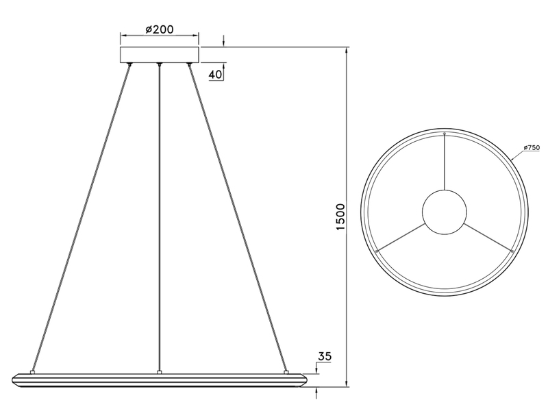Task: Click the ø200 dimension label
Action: click(159, 29)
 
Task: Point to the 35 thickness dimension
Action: click(325, 357)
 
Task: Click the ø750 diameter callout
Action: click(532, 148)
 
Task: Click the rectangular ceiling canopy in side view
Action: click(159, 55)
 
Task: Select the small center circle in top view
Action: click(445, 211)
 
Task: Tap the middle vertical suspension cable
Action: click(159, 219)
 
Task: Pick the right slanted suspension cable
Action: click(238, 219)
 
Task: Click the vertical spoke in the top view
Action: click(445, 161)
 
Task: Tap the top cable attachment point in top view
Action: click(445, 133)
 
